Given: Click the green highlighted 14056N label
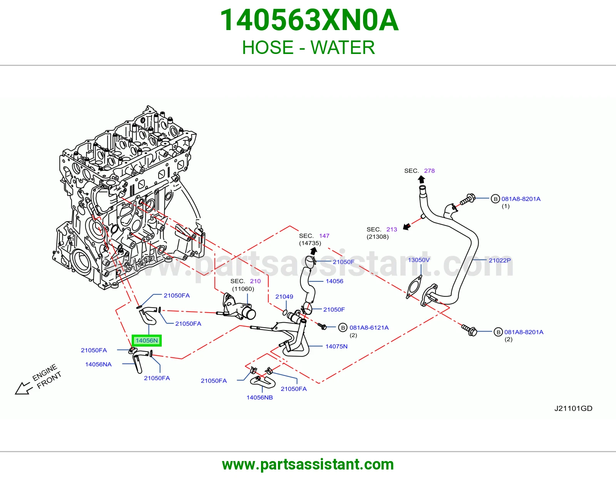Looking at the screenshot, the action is tap(147, 340).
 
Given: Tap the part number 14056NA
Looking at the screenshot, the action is tap(98, 364).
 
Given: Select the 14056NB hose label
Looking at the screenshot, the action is tap(259, 397).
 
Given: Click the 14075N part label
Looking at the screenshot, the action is tap(336, 346).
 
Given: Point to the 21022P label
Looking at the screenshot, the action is tap(499, 260).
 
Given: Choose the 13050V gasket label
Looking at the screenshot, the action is tap(419, 260).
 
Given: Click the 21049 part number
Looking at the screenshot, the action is tap(284, 296).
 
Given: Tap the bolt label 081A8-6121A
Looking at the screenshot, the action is tap(369, 328).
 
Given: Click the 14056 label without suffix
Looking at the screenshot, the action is tap(334, 281).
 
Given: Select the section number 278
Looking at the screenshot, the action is tap(429, 171).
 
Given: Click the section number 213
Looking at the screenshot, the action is tap(392, 229).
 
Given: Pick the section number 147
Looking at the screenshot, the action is tap(324, 236).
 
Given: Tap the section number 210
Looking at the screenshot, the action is tap(255, 281).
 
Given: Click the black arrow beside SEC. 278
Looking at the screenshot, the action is tap(421, 179).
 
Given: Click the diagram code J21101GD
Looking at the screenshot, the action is tap(573, 408).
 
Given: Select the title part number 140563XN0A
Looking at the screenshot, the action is tap(309, 20).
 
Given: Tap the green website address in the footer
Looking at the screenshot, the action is tap(308, 465).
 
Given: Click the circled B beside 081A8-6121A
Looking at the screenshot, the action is tap(343, 328).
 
